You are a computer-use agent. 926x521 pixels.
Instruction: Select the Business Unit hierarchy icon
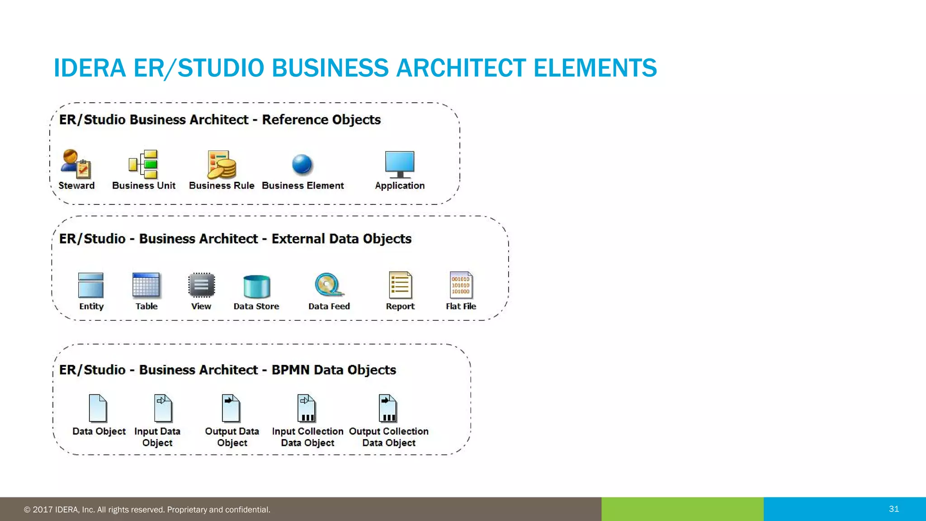tap(143, 164)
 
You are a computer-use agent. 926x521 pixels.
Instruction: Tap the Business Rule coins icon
tap(222, 165)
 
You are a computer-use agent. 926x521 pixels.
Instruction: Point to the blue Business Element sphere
tap(302, 164)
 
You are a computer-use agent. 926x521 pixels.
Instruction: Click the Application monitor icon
tap(400, 164)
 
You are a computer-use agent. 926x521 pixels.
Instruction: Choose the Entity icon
tap(91, 285)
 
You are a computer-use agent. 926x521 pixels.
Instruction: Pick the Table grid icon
tap(146, 285)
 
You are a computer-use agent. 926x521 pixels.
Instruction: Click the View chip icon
tap(201, 285)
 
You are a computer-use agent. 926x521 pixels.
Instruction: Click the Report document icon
tap(400, 285)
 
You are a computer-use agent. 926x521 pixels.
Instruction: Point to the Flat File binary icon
tap(461, 285)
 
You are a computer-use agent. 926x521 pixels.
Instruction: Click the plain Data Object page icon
tap(98, 408)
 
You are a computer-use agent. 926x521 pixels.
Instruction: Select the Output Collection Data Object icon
tap(388, 408)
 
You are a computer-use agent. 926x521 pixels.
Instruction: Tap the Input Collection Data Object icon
tap(306, 408)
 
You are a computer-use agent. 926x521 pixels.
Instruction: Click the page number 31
tap(894, 509)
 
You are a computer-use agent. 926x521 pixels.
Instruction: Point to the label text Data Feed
tap(329, 306)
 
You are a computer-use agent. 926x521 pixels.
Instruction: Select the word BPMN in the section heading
tap(290, 370)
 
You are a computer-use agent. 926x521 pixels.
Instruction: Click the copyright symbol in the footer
tap(27, 510)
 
